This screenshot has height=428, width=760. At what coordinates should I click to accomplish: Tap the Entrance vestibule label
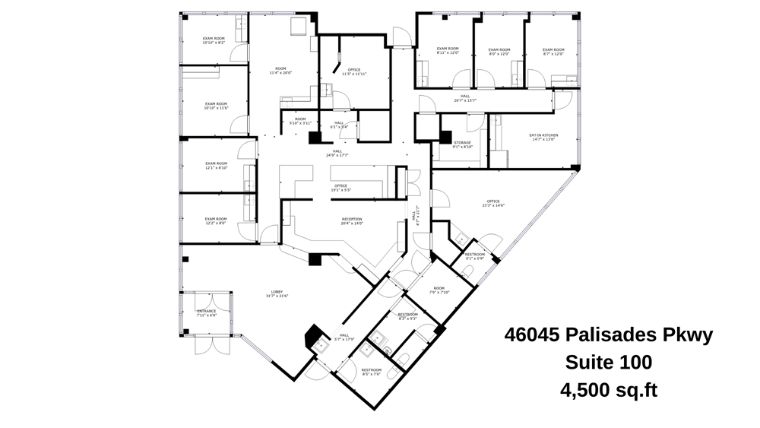207,312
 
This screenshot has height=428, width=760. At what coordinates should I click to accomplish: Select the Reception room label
352,220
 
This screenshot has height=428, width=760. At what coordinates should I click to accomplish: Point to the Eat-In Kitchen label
543,137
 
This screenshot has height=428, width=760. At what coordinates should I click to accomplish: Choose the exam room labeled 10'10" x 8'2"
214,40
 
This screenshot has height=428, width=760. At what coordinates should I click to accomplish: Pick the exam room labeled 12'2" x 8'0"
216,220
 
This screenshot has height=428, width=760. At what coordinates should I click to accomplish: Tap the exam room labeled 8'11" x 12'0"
448,51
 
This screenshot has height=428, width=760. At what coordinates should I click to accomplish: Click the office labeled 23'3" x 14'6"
492,202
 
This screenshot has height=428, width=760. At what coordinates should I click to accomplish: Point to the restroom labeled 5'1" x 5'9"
474,255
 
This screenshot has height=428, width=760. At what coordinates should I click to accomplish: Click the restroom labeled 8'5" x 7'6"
371,372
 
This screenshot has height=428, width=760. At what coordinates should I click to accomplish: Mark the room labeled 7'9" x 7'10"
439,290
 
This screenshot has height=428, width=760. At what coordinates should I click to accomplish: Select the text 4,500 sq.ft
608,391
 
